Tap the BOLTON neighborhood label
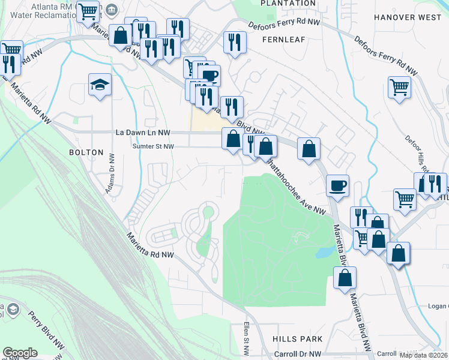tap(86, 152)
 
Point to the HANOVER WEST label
tap(407, 17)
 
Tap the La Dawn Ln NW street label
tap(143, 132)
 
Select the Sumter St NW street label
tap(153, 146)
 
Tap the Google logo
tap(20, 353)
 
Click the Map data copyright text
tap(424, 355)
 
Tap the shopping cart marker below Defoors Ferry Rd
tap(399, 87)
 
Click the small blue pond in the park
tap(324, 251)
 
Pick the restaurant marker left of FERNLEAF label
tap(233, 41)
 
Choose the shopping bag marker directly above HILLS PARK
tap(345, 277)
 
